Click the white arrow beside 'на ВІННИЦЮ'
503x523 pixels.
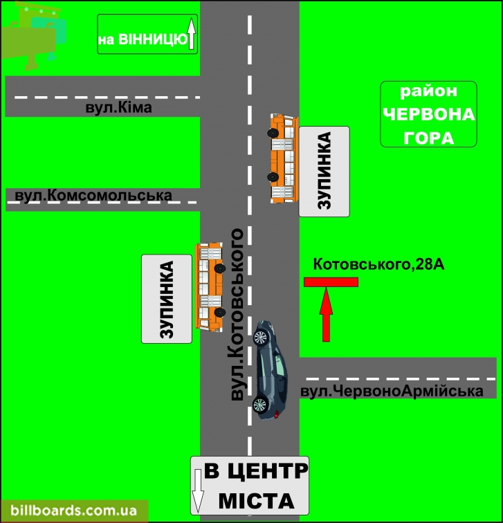pos(191,34)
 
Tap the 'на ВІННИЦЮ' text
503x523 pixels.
pos(143,39)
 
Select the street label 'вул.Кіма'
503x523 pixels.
pos(119,107)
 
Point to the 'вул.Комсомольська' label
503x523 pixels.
pos(93,196)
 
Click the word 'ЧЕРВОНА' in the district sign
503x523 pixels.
pos(429,114)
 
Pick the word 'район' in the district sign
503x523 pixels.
pos(428,91)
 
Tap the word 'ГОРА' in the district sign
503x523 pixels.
pos(429,138)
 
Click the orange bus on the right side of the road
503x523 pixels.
pos(283,158)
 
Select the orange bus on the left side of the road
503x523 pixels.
pos(210,287)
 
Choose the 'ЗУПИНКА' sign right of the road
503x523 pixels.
pos(324,172)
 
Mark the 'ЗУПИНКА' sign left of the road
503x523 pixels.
pos(167,299)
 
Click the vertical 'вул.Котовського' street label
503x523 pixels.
pos(237,315)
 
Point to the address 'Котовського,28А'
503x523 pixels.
pos(378,264)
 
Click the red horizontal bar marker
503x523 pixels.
pos(331,282)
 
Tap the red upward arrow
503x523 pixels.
pos(326,314)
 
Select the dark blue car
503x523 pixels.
pos(270,370)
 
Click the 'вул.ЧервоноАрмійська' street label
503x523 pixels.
pos(392,392)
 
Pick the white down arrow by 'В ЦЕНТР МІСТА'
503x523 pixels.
pos(198,490)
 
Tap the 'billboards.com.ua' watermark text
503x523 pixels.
pos(74,511)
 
